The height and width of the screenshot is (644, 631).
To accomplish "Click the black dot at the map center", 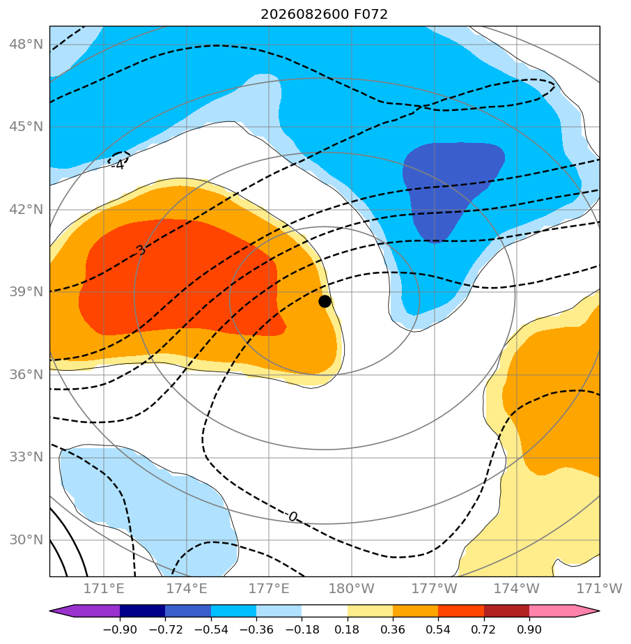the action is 325,302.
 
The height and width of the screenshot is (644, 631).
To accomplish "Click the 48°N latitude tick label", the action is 26,44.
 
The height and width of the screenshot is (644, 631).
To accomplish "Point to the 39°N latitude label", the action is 26,291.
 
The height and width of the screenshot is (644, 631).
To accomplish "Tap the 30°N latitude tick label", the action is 26,539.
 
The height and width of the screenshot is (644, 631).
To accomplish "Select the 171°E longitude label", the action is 104,588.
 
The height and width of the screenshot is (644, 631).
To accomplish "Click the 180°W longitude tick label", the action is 352,588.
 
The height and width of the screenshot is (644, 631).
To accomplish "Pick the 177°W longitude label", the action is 435,588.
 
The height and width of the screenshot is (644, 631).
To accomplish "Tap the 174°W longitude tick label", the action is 517,588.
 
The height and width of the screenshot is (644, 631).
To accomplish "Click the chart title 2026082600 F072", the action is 325,15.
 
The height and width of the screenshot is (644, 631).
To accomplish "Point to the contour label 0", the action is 293,516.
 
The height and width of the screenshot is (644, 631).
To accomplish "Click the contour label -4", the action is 118,165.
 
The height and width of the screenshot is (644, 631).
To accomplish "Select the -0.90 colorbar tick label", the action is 120,629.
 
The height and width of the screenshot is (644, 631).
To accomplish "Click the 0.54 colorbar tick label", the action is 438,629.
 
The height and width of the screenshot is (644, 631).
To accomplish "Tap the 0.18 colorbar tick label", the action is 348,629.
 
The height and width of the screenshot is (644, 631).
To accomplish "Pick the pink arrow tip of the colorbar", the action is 599,611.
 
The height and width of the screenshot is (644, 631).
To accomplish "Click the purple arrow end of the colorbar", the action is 51,611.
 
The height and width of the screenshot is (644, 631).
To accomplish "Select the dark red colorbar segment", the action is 506,611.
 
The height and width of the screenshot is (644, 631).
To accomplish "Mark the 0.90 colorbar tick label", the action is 529,629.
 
